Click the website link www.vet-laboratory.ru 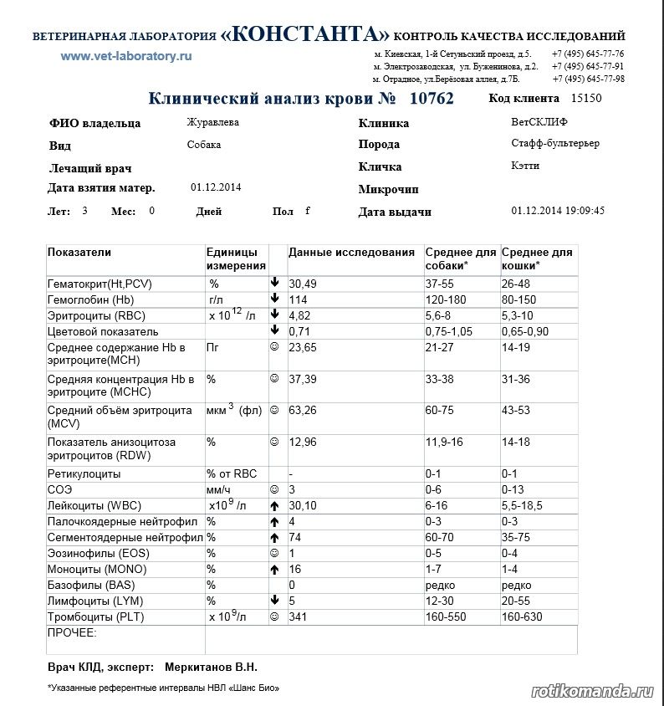click(x=126, y=56)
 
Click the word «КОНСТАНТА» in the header click(x=305, y=34)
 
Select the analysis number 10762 click(x=432, y=99)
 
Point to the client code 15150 click(x=585, y=99)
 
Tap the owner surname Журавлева click(x=212, y=122)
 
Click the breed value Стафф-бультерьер click(x=555, y=143)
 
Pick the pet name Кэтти click(x=525, y=166)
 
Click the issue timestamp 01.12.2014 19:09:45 click(x=558, y=211)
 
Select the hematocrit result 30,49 click(x=303, y=284)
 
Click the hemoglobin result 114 click(x=299, y=299)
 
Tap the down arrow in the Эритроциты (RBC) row click(x=274, y=315)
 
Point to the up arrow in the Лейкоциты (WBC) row click(x=274, y=506)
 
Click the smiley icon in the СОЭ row click(x=274, y=489)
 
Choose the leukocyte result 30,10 click(x=303, y=505)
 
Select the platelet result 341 click(x=299, y=616)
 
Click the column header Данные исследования click(x=351, y=252)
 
